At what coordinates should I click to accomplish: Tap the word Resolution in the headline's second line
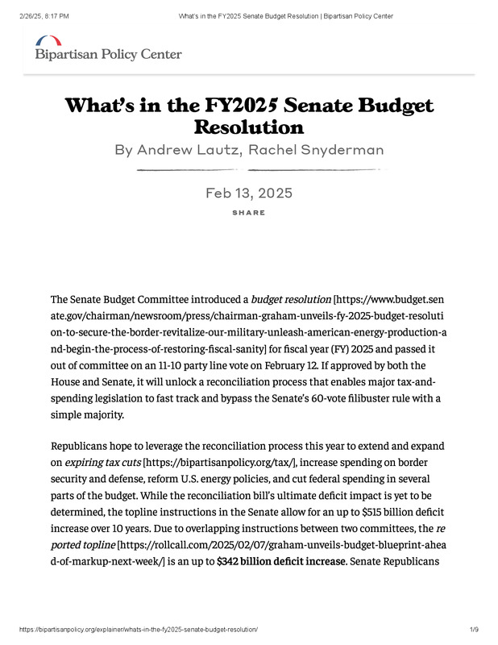point(249,127)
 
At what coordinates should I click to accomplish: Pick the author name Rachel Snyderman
point(314,150)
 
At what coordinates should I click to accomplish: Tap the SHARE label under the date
point(248,213)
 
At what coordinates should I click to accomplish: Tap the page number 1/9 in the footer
point(474,628)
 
